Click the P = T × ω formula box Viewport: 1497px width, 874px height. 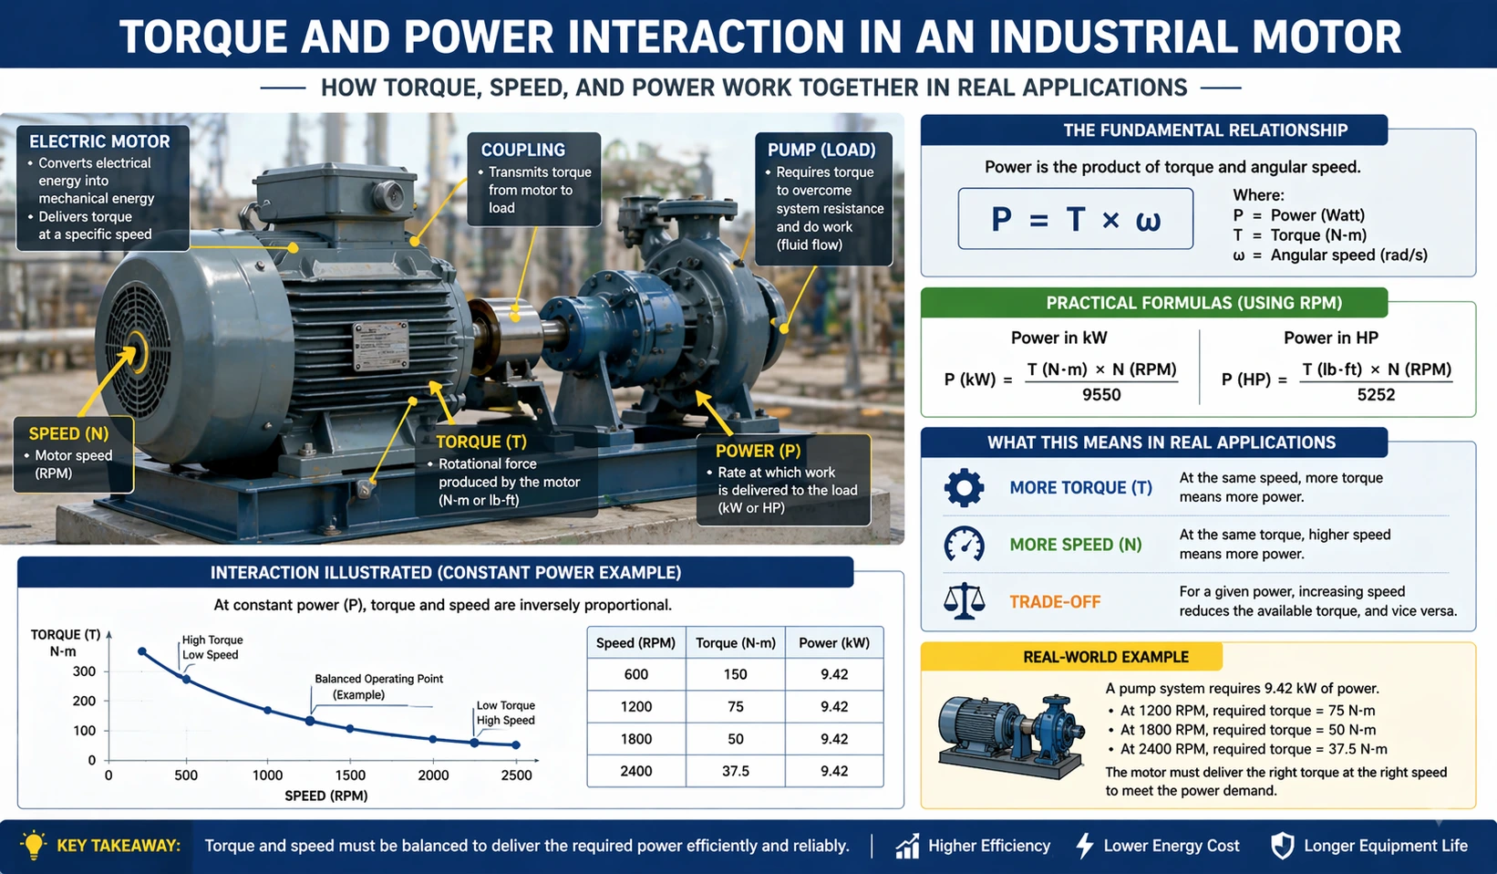1075,219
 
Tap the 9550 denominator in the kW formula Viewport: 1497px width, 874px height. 1101,395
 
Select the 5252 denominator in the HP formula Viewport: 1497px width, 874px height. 1376,395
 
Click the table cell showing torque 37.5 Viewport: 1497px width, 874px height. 735,771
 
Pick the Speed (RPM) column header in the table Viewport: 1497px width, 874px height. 635,643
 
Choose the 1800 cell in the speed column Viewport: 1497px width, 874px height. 635,739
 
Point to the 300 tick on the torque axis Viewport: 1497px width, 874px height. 85,671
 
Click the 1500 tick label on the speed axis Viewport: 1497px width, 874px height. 350,775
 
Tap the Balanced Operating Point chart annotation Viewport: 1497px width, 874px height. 378,686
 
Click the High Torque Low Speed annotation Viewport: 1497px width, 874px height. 212,647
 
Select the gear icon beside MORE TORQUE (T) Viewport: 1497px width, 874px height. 964,488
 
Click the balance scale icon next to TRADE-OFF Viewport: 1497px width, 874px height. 964,602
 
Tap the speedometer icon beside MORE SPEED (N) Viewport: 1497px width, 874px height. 964,545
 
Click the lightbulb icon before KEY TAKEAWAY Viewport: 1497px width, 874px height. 34,845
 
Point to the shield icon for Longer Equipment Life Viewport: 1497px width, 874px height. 1282,846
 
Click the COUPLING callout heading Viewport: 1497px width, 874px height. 522,150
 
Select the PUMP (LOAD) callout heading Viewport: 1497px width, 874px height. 821,150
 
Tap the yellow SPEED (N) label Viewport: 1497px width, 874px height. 68,433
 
